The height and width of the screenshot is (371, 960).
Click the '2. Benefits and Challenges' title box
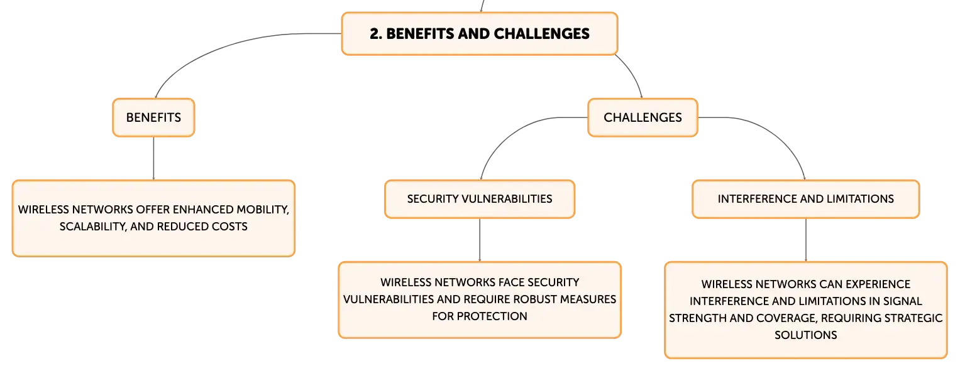coord(480,33)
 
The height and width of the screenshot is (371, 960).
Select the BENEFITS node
coord(153,117)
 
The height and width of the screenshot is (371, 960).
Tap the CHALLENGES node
coord(643,117)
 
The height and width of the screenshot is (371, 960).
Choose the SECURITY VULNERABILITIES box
coord(480,199)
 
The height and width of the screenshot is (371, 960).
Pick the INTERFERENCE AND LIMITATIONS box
coord(806,199)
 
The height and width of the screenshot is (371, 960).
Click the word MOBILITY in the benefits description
coord(263,209)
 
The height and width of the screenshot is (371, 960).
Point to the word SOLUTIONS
coord(806,335)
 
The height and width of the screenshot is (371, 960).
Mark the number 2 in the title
coord(374,33)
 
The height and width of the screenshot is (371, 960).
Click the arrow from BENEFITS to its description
coord(153,158)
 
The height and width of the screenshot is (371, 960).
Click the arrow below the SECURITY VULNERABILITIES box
coord(480,240)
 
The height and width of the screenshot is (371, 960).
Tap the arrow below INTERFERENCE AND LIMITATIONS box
coord(806,240)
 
